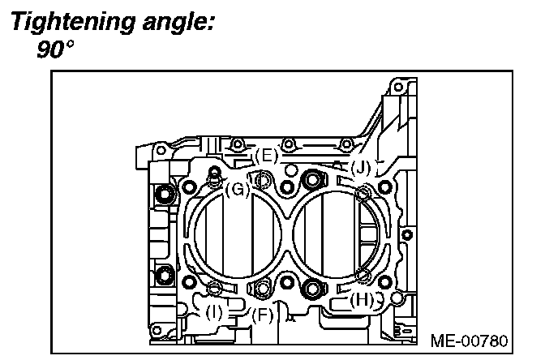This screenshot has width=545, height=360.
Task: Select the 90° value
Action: click(x=54, y=49)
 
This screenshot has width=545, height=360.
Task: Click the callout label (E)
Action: click(x=265, y=154)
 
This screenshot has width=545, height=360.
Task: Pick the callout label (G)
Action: click(x=236, y=190)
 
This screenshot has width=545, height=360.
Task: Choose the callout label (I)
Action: click(x=215, y=310)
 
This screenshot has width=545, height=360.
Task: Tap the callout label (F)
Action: click(x=262, y=315)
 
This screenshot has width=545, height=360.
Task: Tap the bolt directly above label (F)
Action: click(x=262, y=287)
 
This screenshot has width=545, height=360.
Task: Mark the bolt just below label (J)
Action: click(x=364, y=192)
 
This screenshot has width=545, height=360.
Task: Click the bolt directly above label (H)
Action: click(x=364, y=276)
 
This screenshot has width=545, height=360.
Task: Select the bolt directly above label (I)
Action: click(x=215, y=288)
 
